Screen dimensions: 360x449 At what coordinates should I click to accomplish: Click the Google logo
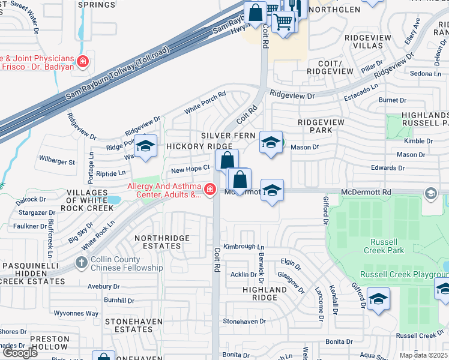click(x=20, y=352)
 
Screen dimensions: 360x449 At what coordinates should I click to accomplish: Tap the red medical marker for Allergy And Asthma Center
click(x=209, y=190)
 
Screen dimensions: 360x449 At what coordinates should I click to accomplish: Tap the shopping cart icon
click(x=283, y=22)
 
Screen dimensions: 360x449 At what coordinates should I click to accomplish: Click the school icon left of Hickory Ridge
click(x=145, y=146)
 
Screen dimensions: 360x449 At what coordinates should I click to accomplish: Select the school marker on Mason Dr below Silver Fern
click(x=271, y=143)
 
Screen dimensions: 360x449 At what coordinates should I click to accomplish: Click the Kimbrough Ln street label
click(x=244, y=247)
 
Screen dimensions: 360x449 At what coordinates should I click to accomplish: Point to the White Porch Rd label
click(x=205, y=103)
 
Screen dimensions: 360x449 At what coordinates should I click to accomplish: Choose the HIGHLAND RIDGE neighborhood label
click(x=265, y=294)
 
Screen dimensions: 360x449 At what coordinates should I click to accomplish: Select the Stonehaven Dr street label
click(x=244, y=322)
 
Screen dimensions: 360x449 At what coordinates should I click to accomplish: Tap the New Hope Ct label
click(x=190, y=170)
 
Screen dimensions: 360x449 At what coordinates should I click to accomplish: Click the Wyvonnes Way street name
click(x=76, y=313)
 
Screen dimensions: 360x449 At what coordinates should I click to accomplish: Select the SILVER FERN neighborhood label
click(x=228, y=136)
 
